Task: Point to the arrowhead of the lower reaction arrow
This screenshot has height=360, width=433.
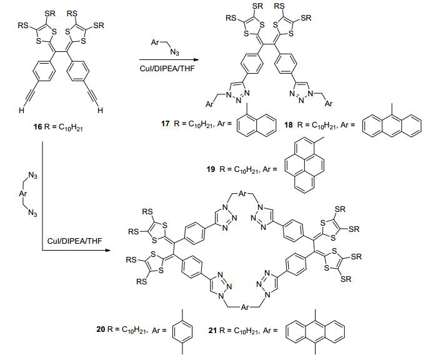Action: [112, 251]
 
